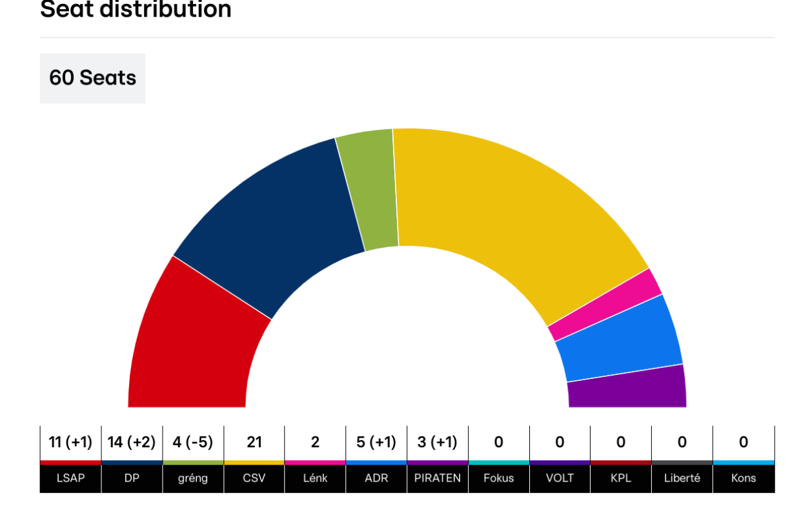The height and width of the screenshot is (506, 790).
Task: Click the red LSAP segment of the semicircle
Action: point(194,342)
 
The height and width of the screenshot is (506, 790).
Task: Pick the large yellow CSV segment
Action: point(510,213)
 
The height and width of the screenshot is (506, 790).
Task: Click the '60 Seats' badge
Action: point(92,78)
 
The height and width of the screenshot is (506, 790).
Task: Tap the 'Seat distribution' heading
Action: point(136,10)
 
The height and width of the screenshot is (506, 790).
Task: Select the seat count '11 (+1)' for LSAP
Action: point(70,442)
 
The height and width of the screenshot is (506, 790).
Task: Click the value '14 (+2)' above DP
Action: point(132,442)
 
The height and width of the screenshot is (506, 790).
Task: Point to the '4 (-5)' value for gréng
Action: point(193,442)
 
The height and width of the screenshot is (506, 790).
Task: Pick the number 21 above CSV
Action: point(254,442)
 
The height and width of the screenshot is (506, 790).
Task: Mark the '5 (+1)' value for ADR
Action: point(376,442)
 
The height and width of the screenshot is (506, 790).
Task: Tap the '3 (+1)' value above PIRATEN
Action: point(438,442)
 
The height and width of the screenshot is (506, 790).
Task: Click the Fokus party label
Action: point(498,479)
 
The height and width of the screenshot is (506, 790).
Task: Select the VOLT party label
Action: point(560,479)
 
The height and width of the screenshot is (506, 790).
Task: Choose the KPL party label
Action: point(621,479)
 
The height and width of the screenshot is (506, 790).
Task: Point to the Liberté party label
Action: point(682,479)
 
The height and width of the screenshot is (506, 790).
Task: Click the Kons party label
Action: point(743,479)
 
